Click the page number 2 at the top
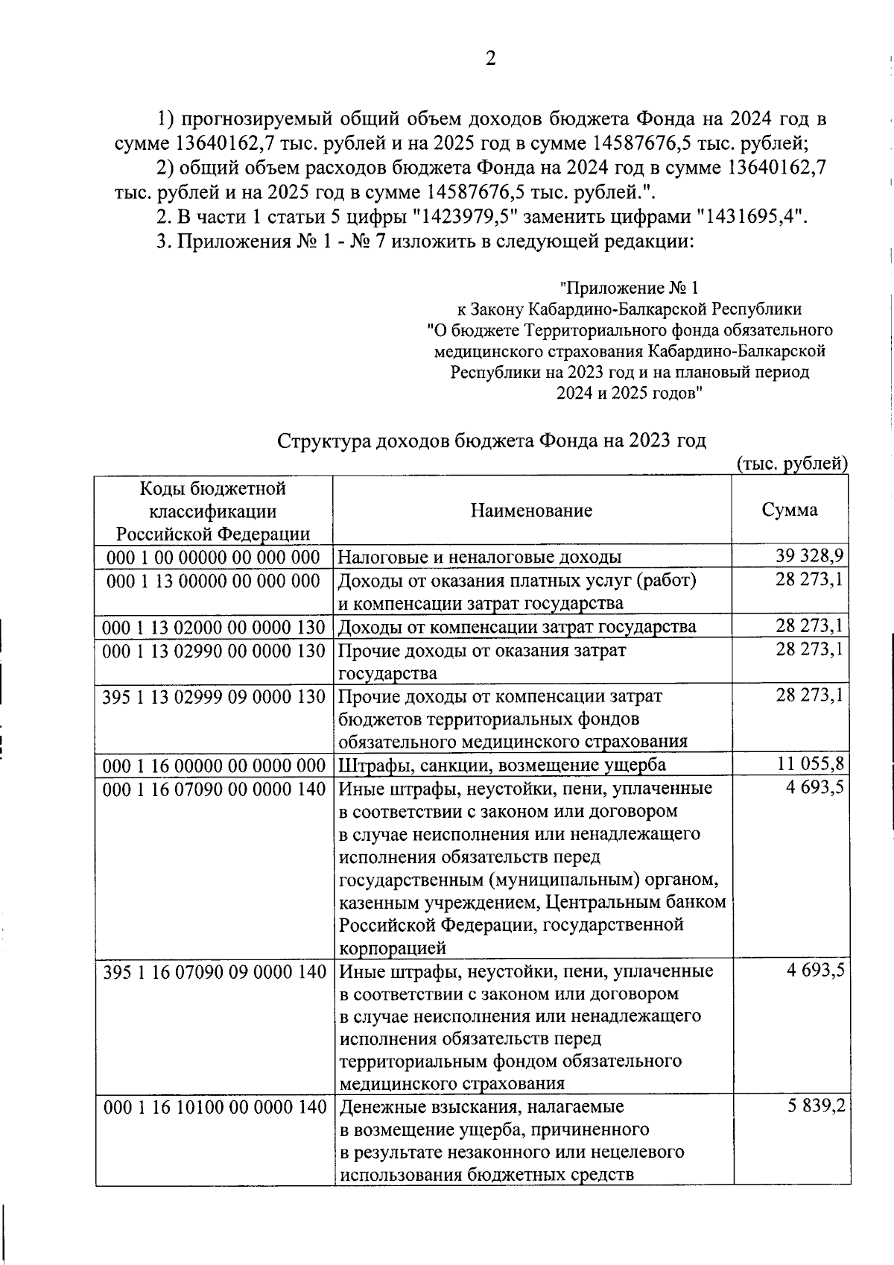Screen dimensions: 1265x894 489,59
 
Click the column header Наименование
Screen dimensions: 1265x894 531,511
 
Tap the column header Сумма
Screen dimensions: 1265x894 789,510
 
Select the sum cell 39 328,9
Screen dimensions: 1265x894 808,556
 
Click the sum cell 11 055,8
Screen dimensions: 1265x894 808,764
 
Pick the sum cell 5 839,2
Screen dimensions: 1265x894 816,1106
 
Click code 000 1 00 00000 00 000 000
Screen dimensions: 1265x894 213,557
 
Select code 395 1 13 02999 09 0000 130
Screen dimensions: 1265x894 214,696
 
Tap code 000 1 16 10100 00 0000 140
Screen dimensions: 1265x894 214,1107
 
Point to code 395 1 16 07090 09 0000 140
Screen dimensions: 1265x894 214,971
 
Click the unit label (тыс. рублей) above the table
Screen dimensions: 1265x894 792,464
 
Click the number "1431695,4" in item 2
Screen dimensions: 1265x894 751,217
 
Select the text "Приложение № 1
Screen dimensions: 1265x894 630,288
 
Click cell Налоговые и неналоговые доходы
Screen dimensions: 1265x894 480,557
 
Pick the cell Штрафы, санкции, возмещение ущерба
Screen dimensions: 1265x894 502,765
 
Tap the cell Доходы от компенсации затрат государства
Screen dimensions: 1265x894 517,626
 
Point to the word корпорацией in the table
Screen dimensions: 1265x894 393,948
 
